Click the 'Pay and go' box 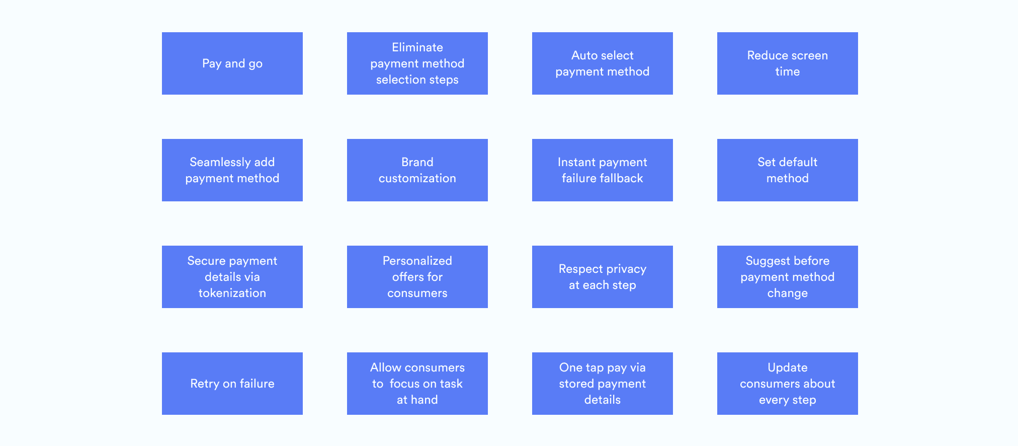232,63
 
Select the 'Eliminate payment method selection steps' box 417,63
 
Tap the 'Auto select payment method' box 603,63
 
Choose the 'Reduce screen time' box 788,63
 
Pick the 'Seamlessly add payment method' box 232,170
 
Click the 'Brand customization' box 417,170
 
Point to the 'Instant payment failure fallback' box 603,170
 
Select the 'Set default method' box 788,170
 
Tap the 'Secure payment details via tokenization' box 232,277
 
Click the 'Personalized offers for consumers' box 417,277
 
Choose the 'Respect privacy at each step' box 603,277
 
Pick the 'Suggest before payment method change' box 788,277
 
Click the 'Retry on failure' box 232,384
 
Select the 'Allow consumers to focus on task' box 417,384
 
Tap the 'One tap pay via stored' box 603,384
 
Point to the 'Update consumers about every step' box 788,384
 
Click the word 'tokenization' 232,293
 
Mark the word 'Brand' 417,162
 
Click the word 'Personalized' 417,261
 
